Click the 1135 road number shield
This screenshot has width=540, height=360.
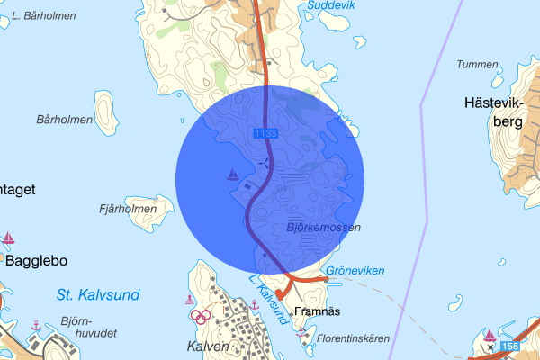265,133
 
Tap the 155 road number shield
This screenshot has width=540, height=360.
510,346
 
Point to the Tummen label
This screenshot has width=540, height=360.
477,65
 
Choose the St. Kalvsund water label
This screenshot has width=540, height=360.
96,294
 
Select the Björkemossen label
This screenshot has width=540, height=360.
323,229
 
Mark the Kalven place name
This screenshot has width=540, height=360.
209,346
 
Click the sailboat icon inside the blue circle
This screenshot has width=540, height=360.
232,175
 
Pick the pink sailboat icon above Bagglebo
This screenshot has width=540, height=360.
9,238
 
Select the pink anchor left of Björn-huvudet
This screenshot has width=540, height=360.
36,324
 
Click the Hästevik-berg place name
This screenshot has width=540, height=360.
493,112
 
